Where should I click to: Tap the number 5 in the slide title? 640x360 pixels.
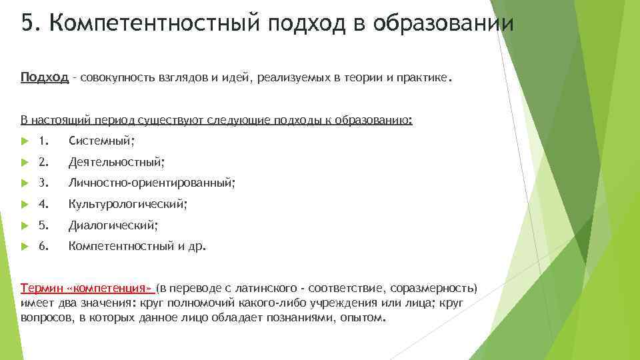pos(27,25)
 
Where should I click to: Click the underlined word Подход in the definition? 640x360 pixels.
pos(44,78)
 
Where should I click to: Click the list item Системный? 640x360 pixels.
pos(101,141)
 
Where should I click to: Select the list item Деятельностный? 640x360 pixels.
pos(116,161)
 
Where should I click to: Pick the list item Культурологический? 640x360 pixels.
pos(127,204)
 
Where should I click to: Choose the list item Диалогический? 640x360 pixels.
pos(113,225)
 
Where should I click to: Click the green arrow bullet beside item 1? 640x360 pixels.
pos(23,141)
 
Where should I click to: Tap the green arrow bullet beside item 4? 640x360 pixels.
pos(23,204)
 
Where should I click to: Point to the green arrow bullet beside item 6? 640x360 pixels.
pos(23,247)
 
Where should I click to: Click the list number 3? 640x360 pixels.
pos(43,183)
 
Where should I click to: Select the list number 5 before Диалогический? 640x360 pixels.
pos(43,225)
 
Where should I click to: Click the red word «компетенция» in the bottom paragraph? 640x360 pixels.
pos(111,289)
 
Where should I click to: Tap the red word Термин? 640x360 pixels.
pos(43,289)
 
